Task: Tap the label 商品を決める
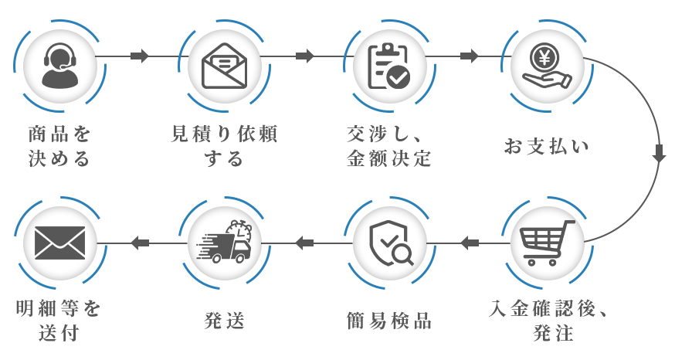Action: pos(59,147)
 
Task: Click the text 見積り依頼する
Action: pos(223,147)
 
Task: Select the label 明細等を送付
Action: pos(59,320)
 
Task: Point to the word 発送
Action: pos(224,319)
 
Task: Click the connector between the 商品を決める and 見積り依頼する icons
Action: pos(140,56)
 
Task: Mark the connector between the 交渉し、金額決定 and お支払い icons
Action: pos(467,56)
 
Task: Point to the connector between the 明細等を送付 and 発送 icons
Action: pos(140,242)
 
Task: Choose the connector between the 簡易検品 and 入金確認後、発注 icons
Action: pos(467,242)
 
